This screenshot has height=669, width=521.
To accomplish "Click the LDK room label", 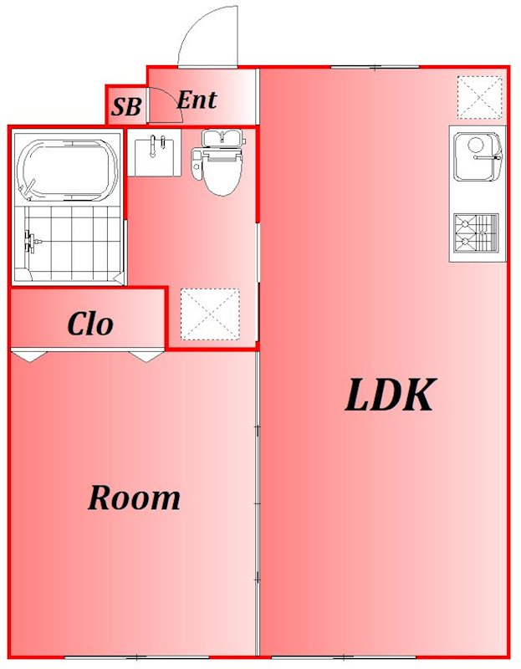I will (390, 396).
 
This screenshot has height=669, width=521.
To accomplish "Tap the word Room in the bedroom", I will (134, 498).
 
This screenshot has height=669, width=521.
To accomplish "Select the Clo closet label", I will (89, 324).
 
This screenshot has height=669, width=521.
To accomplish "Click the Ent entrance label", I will (197, 100).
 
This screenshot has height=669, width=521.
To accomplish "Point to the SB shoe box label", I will (126, 106).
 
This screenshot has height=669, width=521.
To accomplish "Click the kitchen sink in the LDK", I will (476, 157).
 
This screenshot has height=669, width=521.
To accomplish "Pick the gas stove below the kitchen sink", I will (475, 232).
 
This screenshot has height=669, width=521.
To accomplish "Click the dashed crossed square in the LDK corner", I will (480, 97).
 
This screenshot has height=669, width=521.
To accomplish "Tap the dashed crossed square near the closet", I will (210, 314).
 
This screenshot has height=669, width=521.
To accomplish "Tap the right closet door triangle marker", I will (146, 356).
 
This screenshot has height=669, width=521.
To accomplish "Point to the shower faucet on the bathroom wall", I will (30, 242).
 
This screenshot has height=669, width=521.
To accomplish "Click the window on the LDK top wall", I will (374, 67).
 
